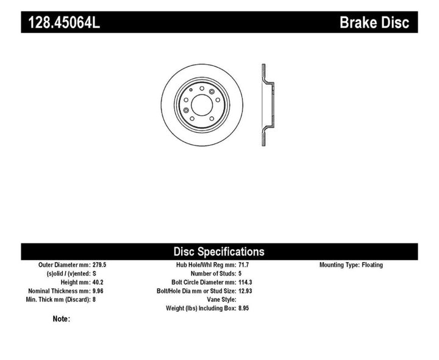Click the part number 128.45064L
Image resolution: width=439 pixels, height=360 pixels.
(61, 24)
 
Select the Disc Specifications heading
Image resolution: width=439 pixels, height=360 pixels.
(219, 251)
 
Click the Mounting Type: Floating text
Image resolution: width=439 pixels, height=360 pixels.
(351, 265)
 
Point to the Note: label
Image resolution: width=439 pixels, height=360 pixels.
(62, 319)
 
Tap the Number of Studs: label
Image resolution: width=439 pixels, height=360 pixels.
(213, 274)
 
